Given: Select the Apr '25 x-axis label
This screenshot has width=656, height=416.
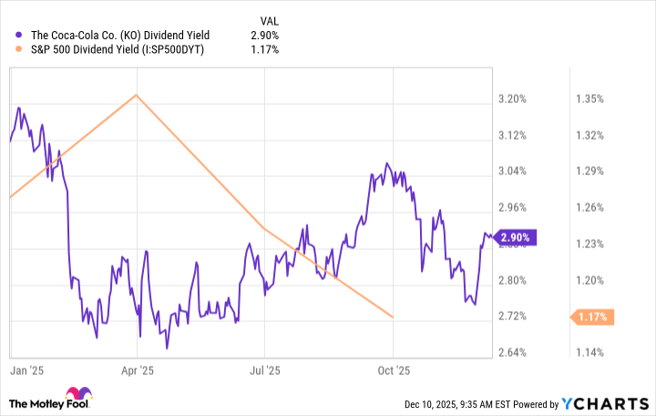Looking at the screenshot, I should tap(138, 371).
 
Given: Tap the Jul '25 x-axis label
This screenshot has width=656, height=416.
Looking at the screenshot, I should tap(263, 371).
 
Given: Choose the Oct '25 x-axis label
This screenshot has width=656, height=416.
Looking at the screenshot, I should tap(393, 371).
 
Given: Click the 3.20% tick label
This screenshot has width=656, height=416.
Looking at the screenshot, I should tap(513, 99).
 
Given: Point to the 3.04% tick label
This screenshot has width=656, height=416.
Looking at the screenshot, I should tap(513, 172).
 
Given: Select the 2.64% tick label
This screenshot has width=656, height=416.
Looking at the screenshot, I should tap(513, 352).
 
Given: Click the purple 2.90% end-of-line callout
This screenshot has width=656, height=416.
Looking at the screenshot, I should tap(516, 237).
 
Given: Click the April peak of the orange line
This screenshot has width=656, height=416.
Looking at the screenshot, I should tap(137, 95).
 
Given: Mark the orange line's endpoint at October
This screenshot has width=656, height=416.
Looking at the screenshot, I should tap(393, 317).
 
